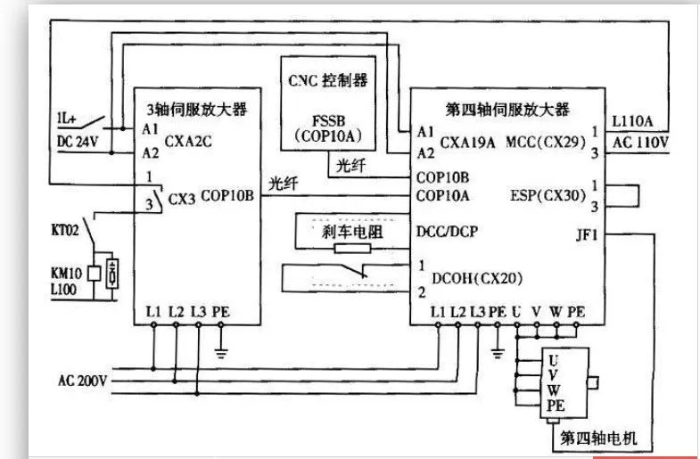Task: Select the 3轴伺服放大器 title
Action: point(198,110)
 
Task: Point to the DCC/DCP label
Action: point(446,229)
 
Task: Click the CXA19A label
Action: point(468,141)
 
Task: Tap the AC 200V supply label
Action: point(82,381)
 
